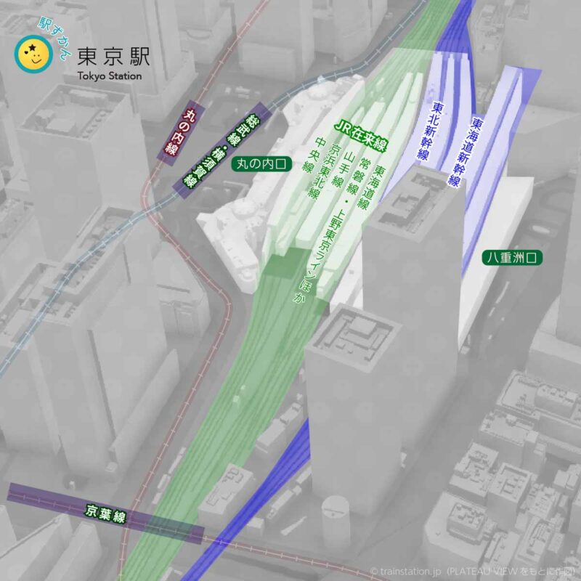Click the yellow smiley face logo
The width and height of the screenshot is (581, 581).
(x=31, y=56)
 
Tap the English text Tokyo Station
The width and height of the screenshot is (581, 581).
(x=109, y=76)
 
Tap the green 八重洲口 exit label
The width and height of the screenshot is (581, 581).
(x=513, y=258)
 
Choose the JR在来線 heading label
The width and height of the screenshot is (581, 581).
(x=360, y=136)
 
